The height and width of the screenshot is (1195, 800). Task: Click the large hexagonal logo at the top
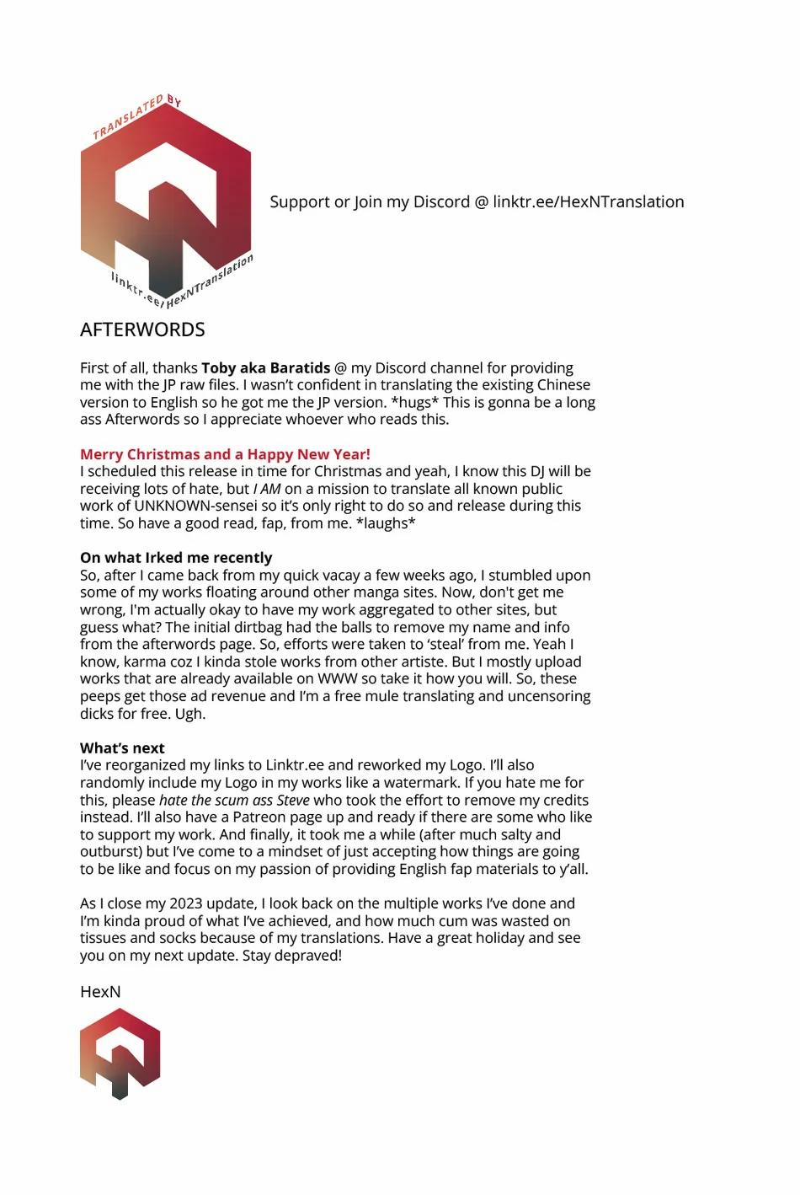[166, 202]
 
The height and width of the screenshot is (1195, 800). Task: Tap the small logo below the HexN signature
[120, 1053]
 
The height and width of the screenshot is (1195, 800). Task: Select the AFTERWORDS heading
[142, 330]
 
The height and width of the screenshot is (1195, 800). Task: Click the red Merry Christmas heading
[225, 454]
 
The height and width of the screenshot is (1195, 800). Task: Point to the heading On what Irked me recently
[176, 558]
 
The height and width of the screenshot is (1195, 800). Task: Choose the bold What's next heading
[122, 748]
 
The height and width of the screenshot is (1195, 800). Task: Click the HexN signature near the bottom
[100, 992]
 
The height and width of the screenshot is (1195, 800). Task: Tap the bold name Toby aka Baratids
[266, 368]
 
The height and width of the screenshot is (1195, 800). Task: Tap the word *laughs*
[388, 523]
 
